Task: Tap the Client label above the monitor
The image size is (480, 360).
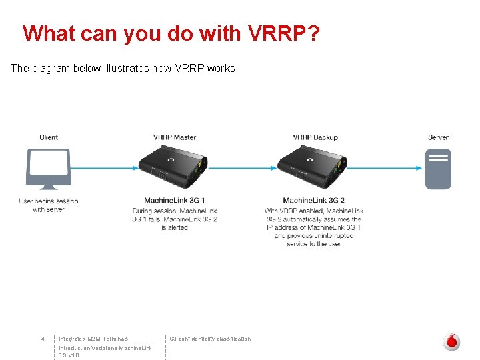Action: [49, 137]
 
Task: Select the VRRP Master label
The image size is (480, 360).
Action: [175, 137]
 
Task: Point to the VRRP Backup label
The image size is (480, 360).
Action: [315, 137]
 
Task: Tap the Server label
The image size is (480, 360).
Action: [438, 137]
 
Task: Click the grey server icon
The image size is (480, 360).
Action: [438, 169]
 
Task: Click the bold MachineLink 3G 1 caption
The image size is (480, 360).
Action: [175, 201]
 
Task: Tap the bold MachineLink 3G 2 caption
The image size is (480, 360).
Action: [313, 201]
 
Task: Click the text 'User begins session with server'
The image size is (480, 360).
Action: [49, 205]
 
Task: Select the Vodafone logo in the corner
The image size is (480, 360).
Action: [452, 342]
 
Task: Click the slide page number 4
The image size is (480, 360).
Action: [42, 339]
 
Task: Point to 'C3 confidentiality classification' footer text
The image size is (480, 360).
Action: [210, 339]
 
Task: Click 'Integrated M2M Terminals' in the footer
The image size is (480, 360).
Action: [93, 339]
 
